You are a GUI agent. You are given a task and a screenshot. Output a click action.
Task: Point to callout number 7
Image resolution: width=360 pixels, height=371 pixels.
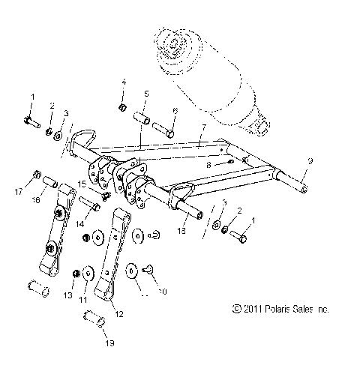(201, 127)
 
